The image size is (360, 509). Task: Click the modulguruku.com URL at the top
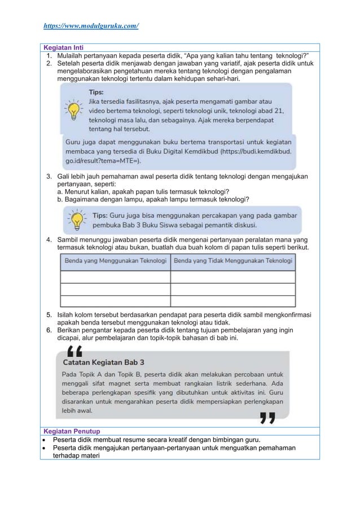click(x=91, y=26)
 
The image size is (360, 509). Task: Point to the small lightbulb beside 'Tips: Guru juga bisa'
click(x=77, y=218)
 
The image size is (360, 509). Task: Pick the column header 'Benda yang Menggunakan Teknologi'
click(x=115, y=261)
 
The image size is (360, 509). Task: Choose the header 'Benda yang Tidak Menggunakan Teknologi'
click(x=233, y=261)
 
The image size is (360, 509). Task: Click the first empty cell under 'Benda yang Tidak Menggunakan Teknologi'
click(x=233, y=277)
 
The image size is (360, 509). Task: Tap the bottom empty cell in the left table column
click(x=115, y=301)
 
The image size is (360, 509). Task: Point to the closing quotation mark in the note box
click(x=267, y=418)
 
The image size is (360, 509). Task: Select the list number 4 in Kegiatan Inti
click(x=50, y=241)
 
